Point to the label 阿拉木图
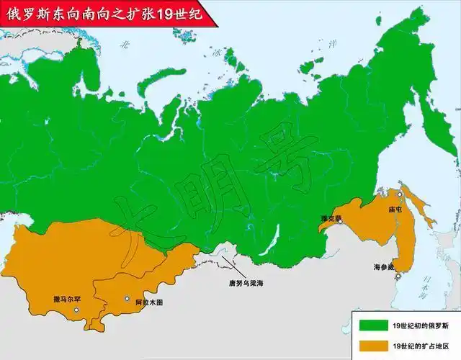click(x=148, y=302)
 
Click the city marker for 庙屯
click(x=400, y=194)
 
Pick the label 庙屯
click(x=395, y=210)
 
